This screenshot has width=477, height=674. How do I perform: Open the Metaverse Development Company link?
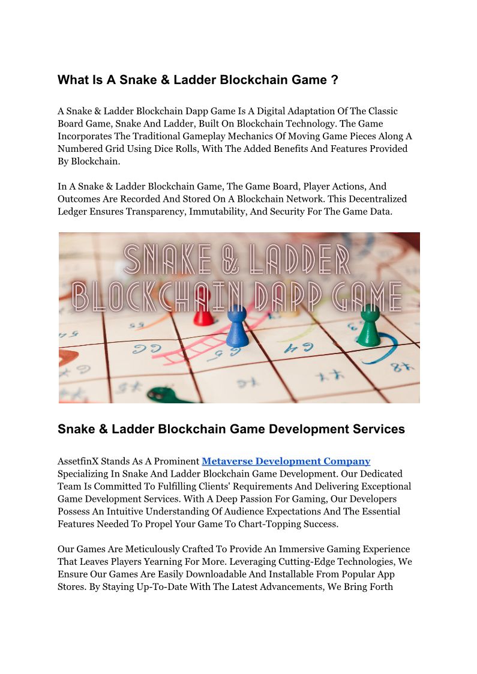(x=286, y=461)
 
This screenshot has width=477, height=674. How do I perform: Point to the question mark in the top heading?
(x=334, y=80)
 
